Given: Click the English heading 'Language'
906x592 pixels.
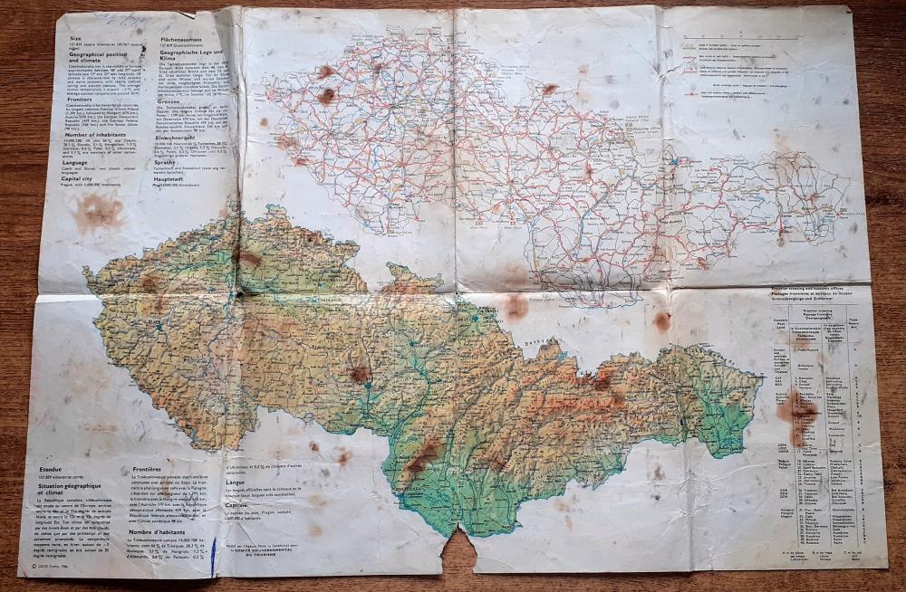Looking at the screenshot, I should (x=75, y=162).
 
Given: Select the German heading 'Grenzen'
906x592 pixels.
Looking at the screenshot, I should (x=172, y=101).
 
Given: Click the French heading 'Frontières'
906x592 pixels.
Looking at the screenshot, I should (x=149, y=470).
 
